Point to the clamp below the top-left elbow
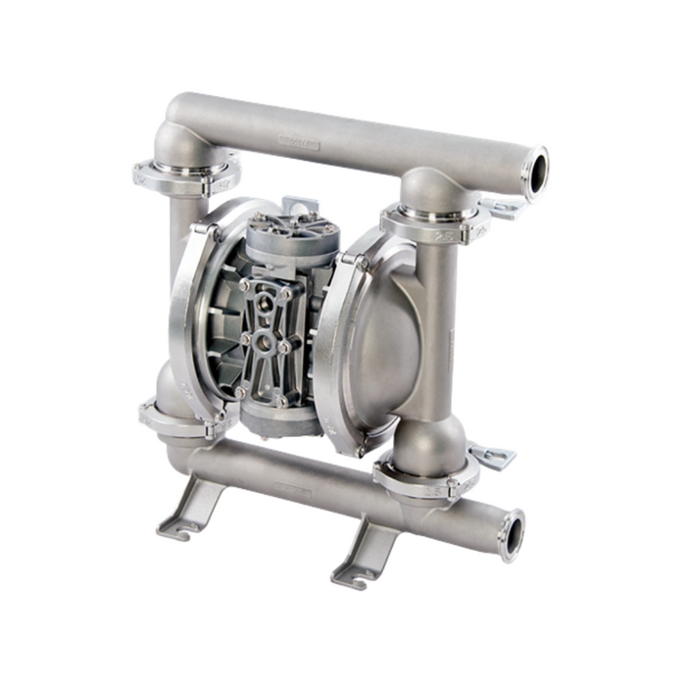[x=184, y=176]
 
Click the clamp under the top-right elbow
[x=431, y=222]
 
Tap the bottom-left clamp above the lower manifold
[x=176, y=419]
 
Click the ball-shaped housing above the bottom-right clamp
[x=428, y=441]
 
